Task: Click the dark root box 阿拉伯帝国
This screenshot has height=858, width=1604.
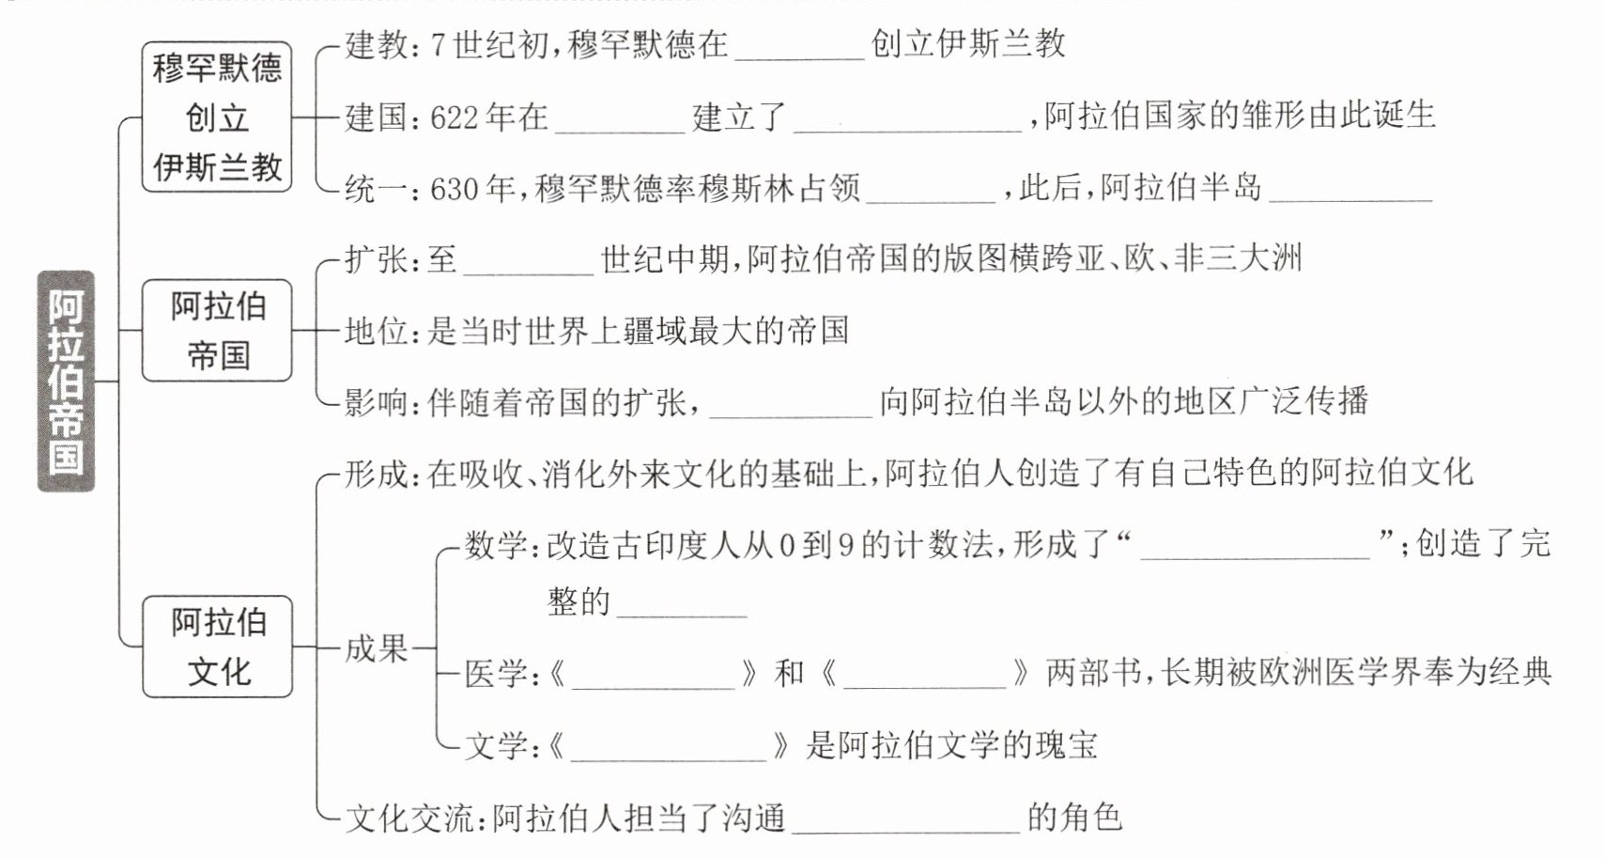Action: point(66,381)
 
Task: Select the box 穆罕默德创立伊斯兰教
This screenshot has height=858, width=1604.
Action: point(217,117)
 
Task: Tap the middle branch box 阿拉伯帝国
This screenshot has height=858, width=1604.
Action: point(217,331)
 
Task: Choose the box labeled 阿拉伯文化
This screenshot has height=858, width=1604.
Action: point(217,647)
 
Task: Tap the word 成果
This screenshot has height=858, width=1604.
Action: point(376,647)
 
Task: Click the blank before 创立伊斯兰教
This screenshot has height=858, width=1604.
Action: point(799,47)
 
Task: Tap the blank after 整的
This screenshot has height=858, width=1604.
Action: point(682,604)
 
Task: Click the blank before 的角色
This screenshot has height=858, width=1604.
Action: point(906,820)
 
